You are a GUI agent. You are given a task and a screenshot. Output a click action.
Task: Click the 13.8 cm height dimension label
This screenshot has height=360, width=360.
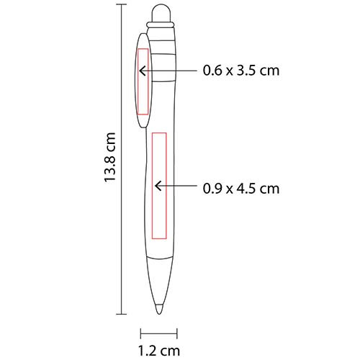click(110, 158)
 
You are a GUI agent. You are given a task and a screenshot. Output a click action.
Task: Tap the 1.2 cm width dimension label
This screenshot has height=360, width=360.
click(159, 351)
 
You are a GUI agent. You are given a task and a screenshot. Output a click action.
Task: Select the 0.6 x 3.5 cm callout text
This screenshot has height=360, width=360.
click(241, 71)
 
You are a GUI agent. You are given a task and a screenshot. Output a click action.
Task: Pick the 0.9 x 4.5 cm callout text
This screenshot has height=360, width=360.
click(241, 189)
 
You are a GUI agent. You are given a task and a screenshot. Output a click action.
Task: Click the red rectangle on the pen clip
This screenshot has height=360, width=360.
click(138, 81)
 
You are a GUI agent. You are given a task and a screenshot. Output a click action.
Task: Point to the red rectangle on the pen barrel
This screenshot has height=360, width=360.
click(152, 186)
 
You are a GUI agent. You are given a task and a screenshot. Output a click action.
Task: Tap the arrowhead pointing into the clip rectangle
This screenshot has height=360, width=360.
click(143, 71)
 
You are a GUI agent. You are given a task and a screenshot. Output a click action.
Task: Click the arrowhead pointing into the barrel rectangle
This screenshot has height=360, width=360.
click(158, 186)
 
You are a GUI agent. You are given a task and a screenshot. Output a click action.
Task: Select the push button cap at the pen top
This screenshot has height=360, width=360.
click(161, 14)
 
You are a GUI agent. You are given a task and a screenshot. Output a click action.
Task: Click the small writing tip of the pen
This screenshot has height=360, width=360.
click(159, 309)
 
